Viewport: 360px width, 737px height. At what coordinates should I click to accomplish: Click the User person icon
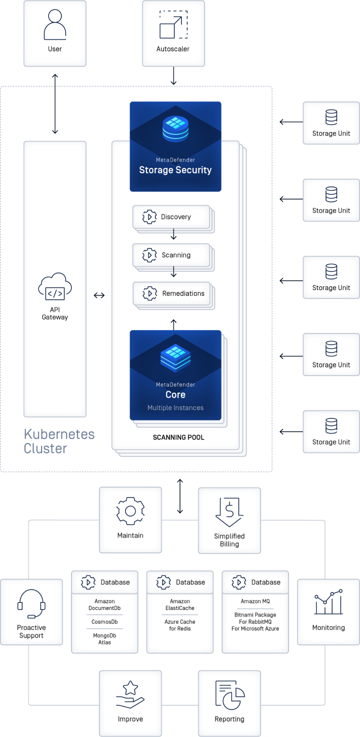[55, 25]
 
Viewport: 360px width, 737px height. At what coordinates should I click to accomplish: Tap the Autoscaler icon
[173, 25]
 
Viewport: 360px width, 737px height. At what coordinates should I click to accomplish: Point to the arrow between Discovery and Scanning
[174, 234]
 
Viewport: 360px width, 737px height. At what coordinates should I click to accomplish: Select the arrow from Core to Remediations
[174, 324]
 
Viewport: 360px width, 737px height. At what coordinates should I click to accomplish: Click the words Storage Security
[175, 170]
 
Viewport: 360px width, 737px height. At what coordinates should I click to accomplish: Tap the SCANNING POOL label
[178, 437]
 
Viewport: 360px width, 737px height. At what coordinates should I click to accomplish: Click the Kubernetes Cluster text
[59, 441]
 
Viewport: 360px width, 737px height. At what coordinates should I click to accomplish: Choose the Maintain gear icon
[130, 511]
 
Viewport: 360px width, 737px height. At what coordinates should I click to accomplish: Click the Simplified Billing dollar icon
[229, 511]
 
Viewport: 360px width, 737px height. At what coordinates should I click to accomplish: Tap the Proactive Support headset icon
[31, 603]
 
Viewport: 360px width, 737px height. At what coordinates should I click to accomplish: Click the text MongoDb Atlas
[104, 639]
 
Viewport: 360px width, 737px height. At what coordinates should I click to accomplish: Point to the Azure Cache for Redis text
[180, 625]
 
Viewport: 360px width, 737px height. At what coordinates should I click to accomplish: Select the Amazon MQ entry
[255, 601]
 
